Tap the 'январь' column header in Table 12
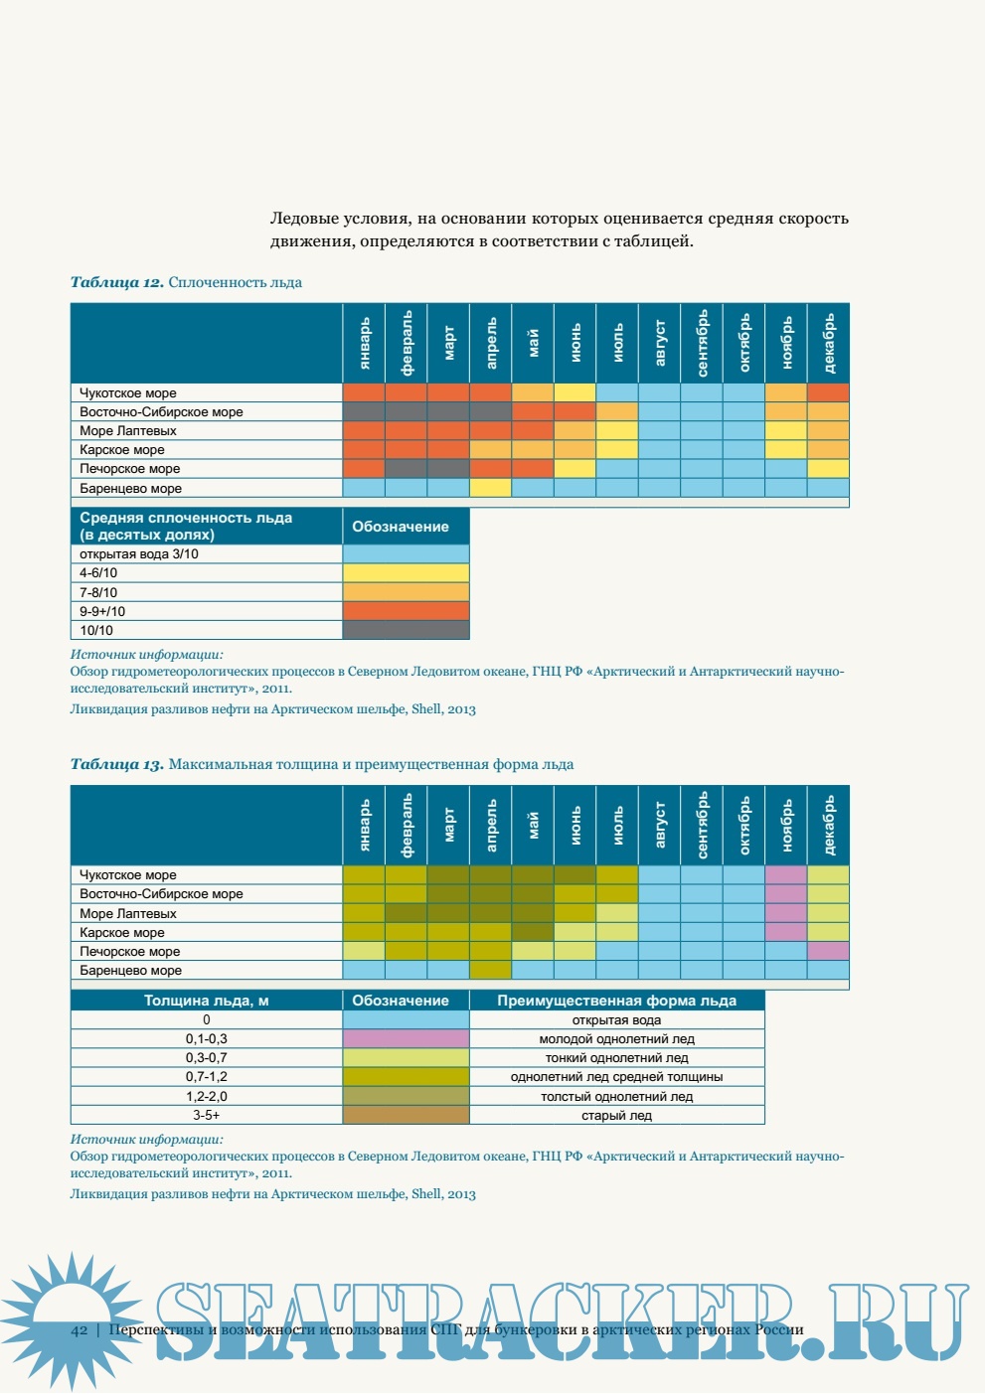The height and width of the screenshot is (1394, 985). [364, 344]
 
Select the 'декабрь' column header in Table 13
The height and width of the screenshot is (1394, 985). [829, 825]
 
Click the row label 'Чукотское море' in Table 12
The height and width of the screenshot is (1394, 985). [128, 393]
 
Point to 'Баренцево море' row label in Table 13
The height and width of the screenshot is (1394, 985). [130, 971]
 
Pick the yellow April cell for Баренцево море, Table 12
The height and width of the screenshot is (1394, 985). [490, 488]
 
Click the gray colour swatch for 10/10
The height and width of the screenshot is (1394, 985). [406, 630]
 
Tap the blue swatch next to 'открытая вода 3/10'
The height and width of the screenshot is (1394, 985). [406, 554]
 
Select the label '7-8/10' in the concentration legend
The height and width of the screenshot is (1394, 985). [98, 592]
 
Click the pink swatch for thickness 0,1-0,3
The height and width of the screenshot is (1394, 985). [406, 1039]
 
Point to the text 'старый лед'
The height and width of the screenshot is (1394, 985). [616, 1116]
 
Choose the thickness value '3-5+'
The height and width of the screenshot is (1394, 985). [207, 1116]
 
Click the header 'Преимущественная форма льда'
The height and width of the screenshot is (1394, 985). [616, 1001]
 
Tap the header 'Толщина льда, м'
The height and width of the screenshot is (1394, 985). [207, 1001]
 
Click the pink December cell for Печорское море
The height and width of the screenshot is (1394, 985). [829, 951]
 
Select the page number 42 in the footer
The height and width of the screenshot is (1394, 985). [80, 1330]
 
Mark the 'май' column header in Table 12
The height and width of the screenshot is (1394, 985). [533, 344]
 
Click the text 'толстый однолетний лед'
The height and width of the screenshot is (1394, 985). [616, 1097]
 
